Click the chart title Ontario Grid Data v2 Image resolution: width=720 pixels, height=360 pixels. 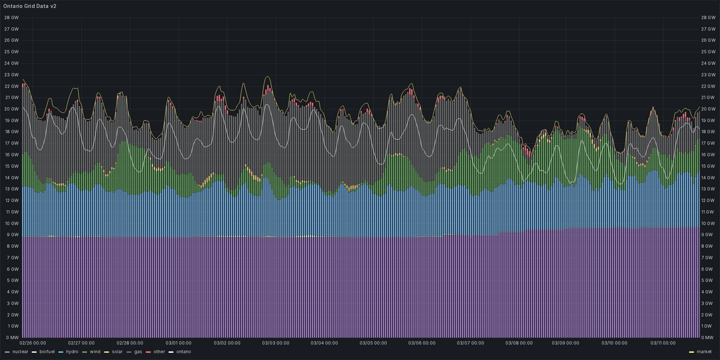pyautogui.click(x=30, y=5)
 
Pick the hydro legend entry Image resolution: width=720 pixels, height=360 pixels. pyautogui.click(x=72, y=352)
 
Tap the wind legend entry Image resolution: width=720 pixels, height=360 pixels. pyautogui.click(x=95, y=352)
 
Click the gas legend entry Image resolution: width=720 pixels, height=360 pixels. pyautogui.click(x=137, y=352)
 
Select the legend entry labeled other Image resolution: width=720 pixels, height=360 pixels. pyautogui.click(x=158, y=352)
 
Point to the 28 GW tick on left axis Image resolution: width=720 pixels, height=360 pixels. pyautogui.click(x=11, y=17)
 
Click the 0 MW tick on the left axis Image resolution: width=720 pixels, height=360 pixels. pyautogui.click(x=11, y=337)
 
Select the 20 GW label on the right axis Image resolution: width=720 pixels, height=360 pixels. pyautogui.click(x=709, y=109)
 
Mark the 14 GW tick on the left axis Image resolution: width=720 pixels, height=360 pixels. pyautogui.click(x=11, y=178)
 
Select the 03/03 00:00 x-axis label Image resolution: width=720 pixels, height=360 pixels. pyautogui.click(x=276, y=344)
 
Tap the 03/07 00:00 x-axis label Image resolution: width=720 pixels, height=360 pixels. pyautogui.click(x=470, y=344)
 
